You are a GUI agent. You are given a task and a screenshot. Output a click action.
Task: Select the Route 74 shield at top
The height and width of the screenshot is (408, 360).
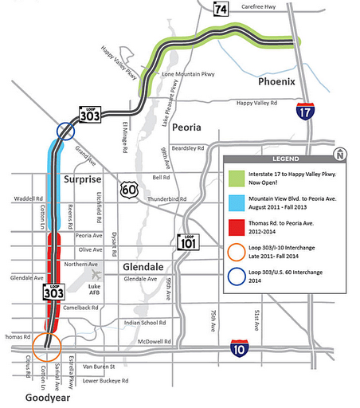[x=219, y=9]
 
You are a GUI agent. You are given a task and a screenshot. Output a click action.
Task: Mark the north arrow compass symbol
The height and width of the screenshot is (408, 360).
[x=339, y=154]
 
